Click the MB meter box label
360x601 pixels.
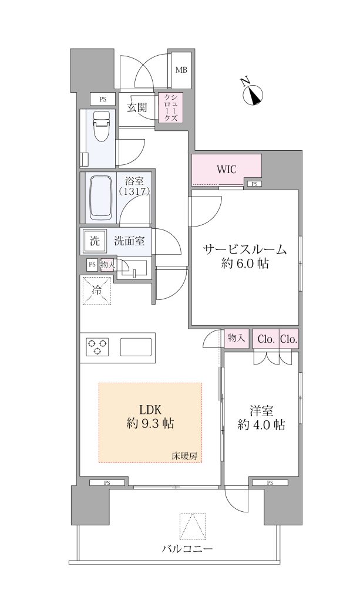(x=181, y=70)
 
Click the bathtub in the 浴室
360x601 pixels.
(x=101, y=198)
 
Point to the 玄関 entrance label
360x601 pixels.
(x=137, y=108)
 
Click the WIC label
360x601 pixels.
(x=227, y=169)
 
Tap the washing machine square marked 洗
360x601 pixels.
(x=95, y=241)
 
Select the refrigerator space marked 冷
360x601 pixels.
(x=97, y=291)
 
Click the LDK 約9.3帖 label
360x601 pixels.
(x=150, y=417)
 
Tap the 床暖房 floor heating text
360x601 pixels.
(x=184, y=456)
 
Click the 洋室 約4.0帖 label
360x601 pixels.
(x=261, y=418)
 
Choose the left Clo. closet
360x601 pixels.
(x=265, y=339)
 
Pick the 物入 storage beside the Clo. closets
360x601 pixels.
(x=236, y=338)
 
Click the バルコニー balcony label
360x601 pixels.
(x=187, y=549)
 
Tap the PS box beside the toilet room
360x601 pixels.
(x=103, y=99)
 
